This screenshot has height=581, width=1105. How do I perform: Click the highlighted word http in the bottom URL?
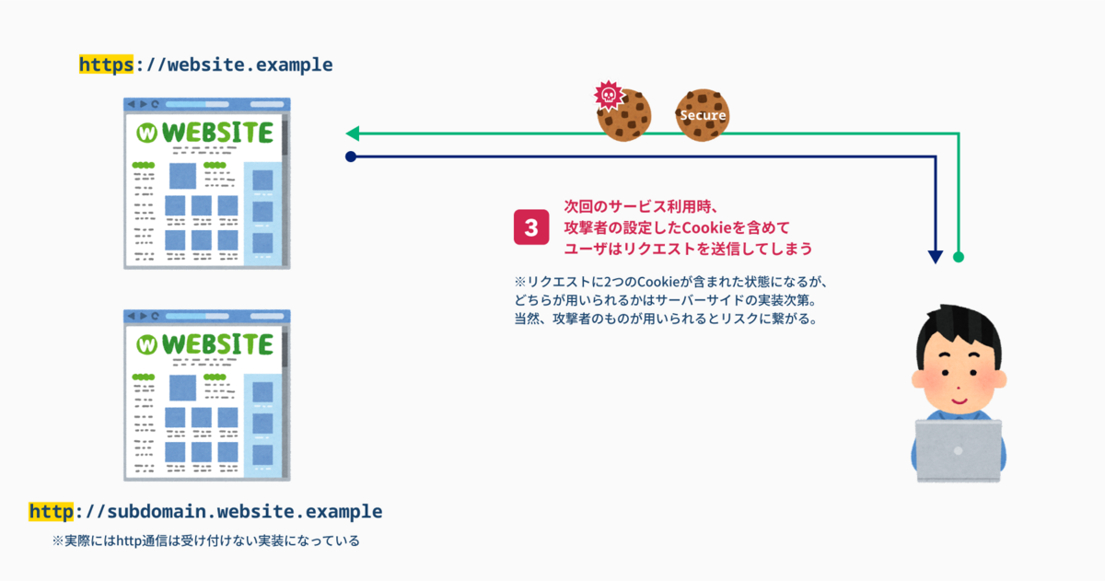(x=50, y=511)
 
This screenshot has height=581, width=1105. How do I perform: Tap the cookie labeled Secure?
(x=703, y=115)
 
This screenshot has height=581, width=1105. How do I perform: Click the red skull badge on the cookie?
(x=607, y=94)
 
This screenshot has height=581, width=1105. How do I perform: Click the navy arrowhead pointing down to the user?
(x=936, y=256)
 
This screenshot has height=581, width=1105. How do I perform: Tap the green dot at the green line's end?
(x=959, y=256)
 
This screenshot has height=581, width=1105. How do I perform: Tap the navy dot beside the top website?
(x=350, y=157)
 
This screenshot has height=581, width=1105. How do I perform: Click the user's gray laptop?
(x=959, y=451)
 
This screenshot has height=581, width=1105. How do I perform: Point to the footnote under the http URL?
(x=206, y=540)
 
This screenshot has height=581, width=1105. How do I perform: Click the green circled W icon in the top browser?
(x=146, y=133)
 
